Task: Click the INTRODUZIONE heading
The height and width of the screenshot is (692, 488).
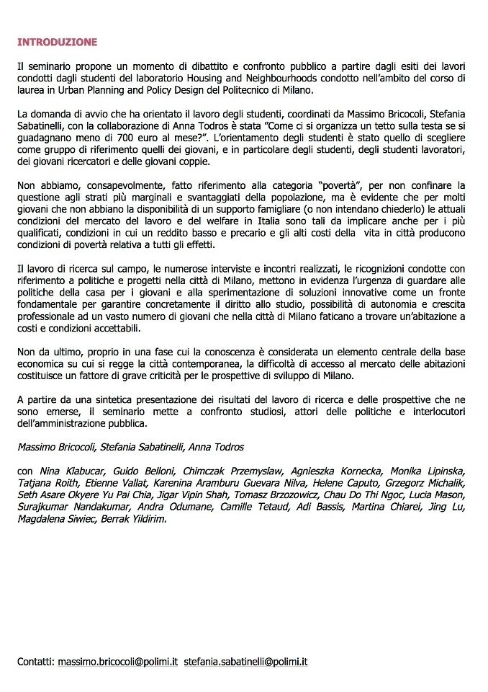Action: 56,43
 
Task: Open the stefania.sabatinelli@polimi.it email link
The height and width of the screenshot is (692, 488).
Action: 245,661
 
